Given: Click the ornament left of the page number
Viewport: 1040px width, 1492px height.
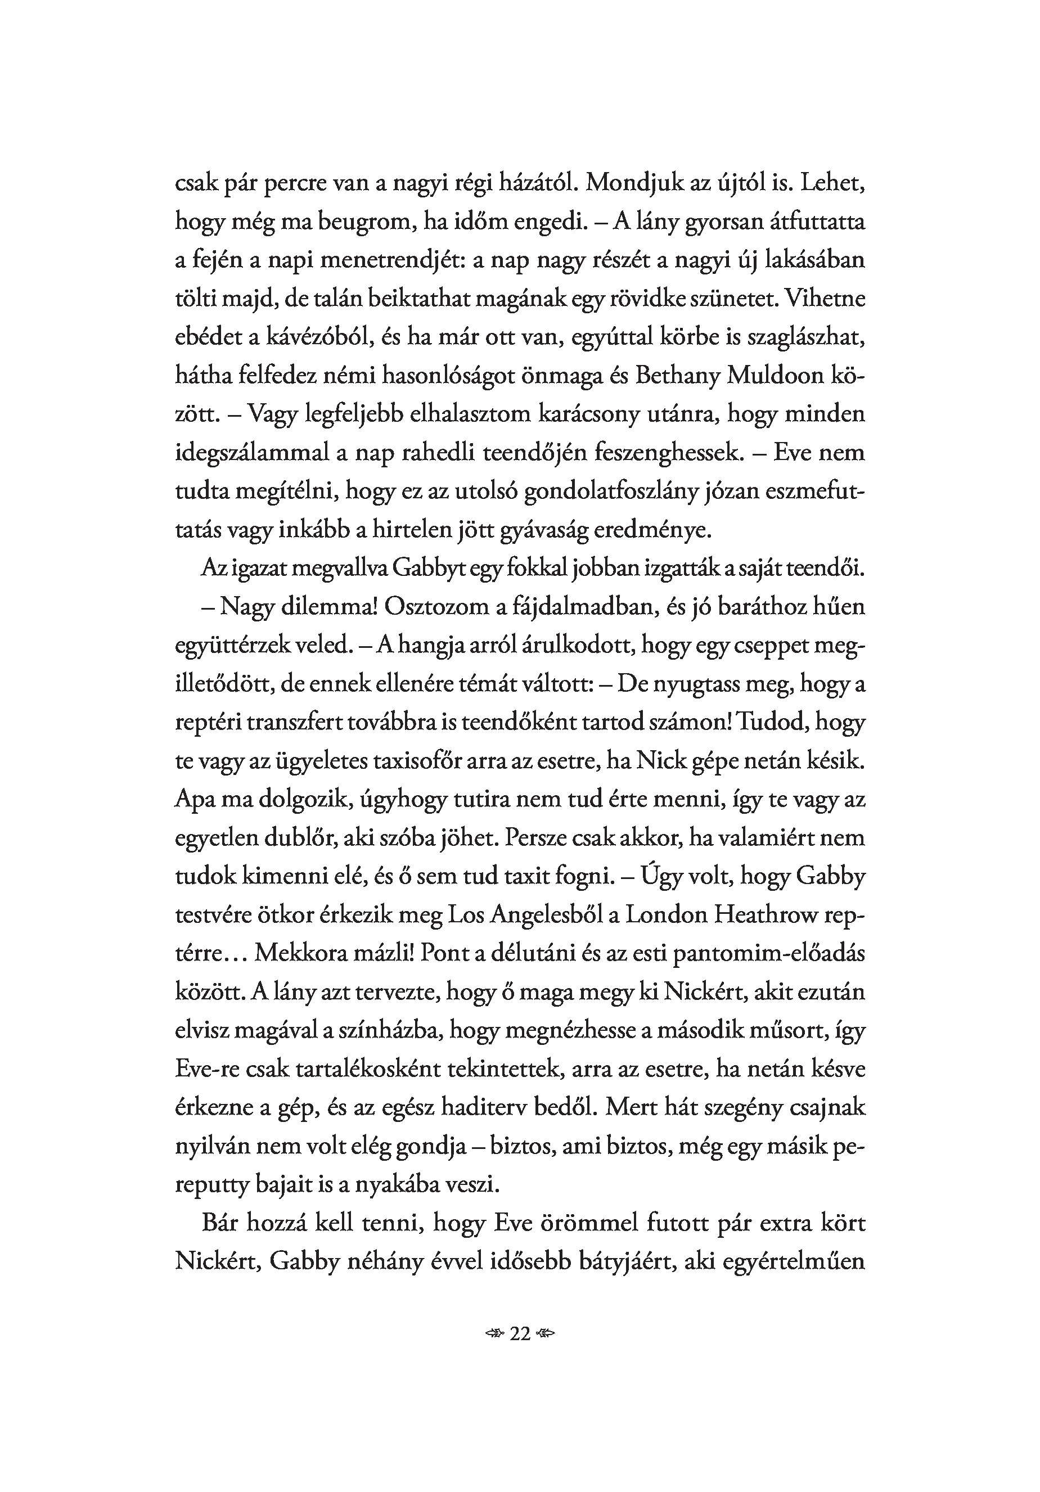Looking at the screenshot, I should click(496, 1334).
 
